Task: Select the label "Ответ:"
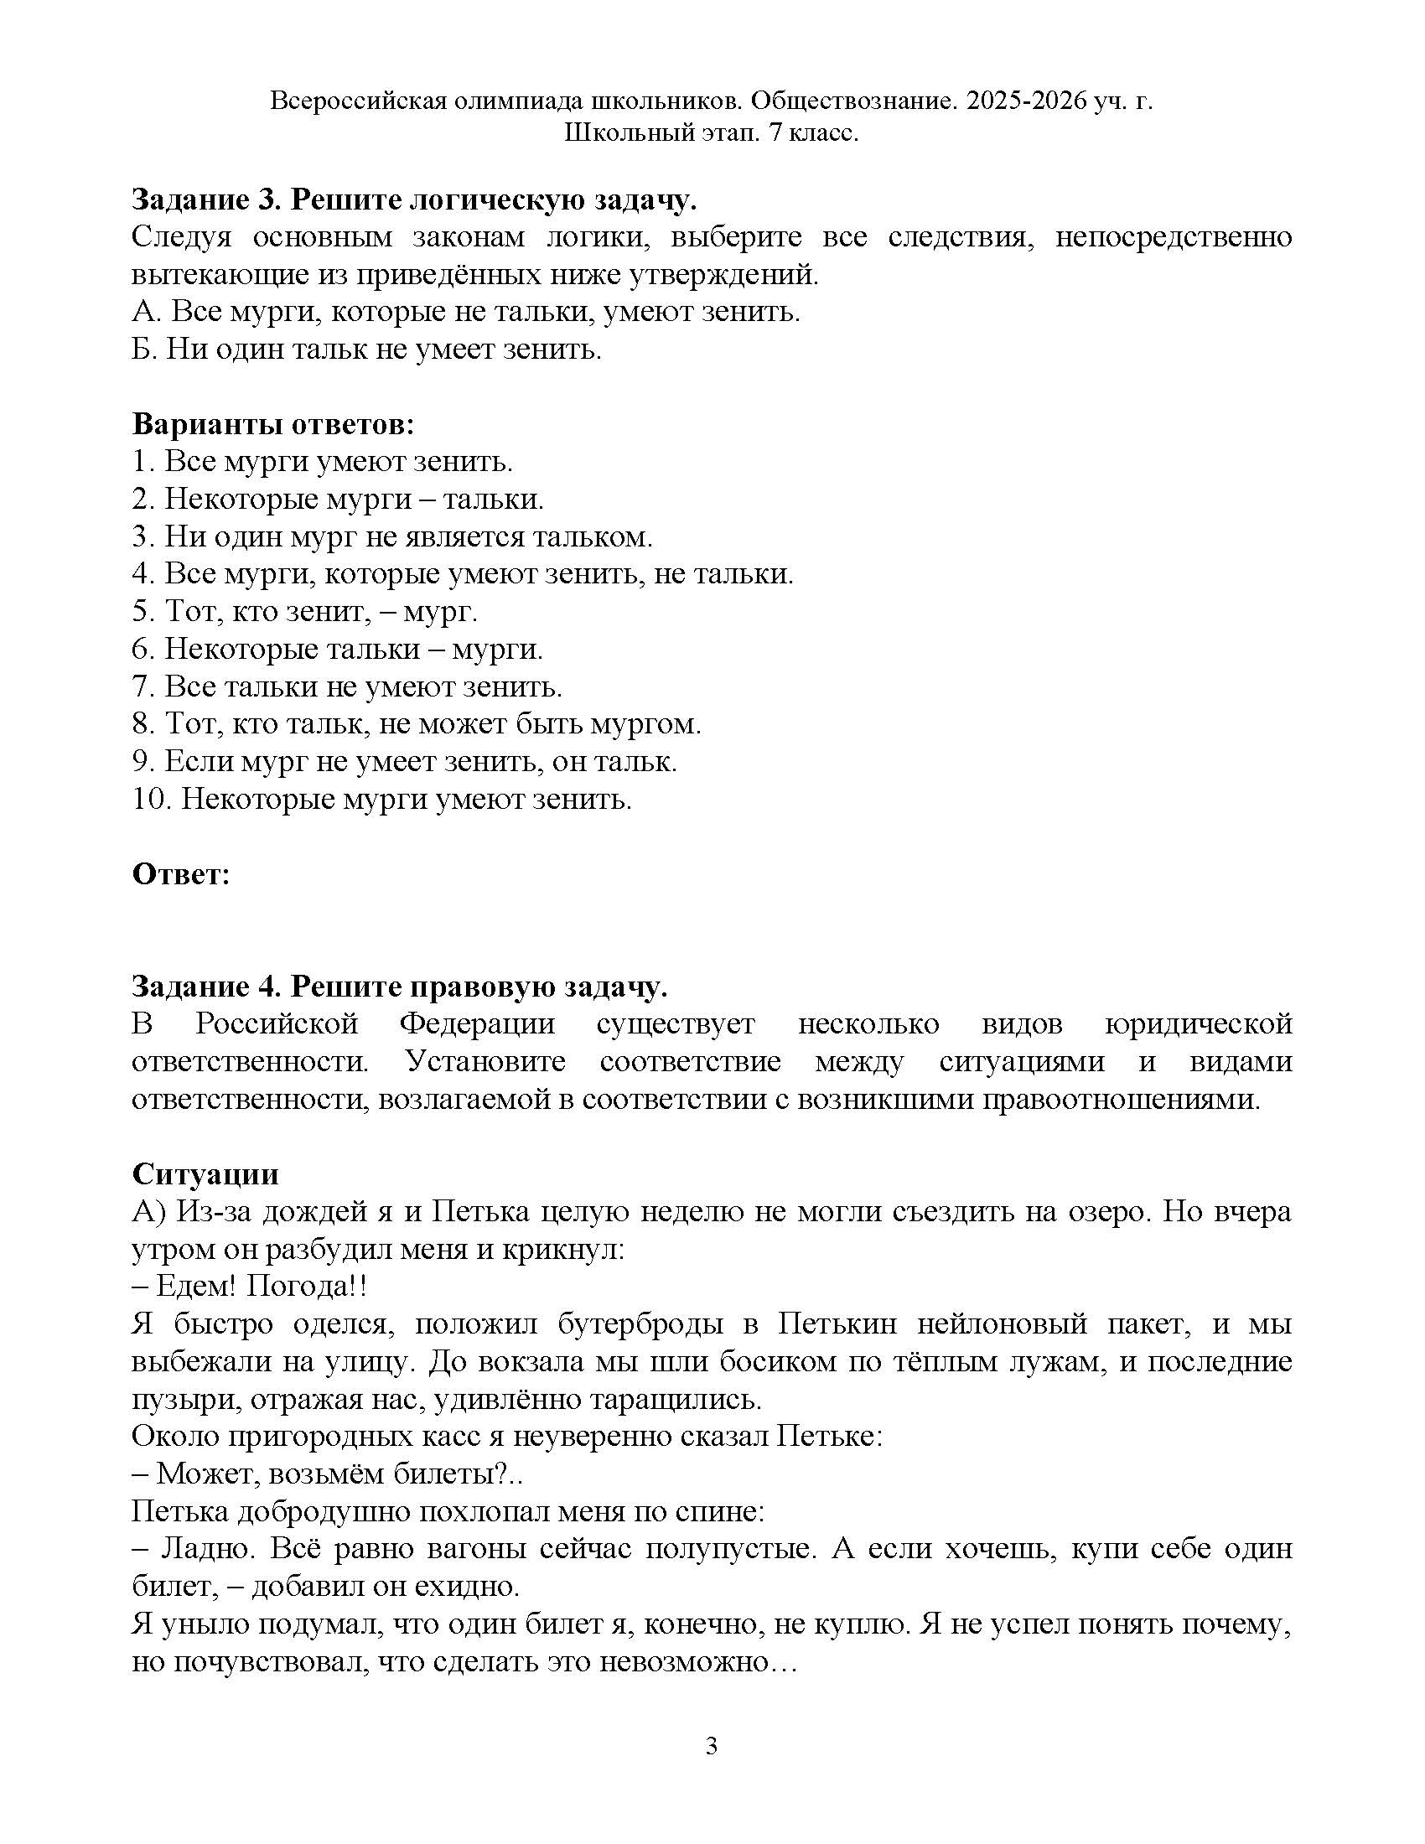181,874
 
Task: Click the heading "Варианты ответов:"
272,424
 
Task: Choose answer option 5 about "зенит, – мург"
305,610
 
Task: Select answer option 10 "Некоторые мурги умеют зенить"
381,798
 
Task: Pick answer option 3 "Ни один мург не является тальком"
392,536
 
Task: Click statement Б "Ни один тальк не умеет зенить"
366,349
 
